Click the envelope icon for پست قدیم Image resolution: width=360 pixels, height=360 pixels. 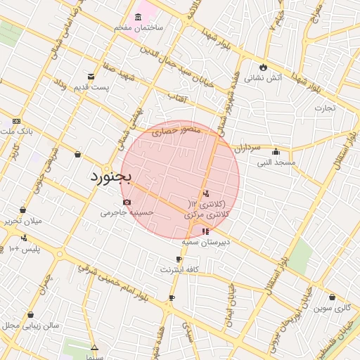tap(91, 77)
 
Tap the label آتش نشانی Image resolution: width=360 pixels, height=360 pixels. tap(263, 78)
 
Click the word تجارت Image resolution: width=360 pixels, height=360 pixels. tap(325, 108)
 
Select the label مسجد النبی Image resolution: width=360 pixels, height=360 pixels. tap(276, 162)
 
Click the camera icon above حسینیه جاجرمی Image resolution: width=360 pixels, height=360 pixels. tap(127, 202)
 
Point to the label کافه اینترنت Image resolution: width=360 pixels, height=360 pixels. tap(179, 269)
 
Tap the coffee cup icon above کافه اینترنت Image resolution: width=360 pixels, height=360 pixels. tap(179, 259)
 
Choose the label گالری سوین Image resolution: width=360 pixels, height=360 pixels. tap(332, 307)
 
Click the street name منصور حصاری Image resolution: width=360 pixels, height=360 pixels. tap(162, 130)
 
